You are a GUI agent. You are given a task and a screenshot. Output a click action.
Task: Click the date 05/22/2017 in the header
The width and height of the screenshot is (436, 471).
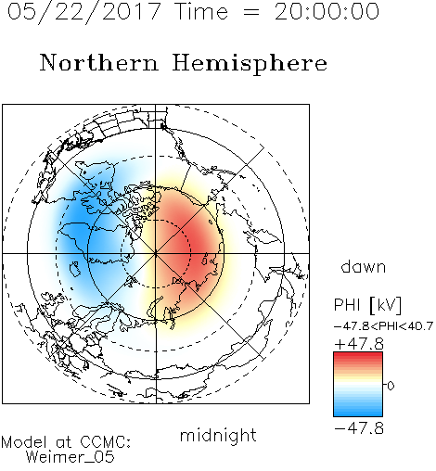tap(84, 11)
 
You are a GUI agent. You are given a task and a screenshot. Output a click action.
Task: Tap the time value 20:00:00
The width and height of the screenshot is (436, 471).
tap(327, 11)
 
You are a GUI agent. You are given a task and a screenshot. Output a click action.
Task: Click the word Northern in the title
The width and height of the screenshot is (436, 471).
tap(99, 62)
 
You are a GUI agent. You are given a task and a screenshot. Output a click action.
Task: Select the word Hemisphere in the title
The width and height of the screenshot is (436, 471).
tap(250, 64)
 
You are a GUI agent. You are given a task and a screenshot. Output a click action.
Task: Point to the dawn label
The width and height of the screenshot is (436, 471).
tap(364, 266)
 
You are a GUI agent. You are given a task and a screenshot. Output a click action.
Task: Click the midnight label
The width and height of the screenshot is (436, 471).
tap(218, 437)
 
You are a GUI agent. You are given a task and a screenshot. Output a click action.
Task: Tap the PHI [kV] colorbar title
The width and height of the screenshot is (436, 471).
tap(367, 305)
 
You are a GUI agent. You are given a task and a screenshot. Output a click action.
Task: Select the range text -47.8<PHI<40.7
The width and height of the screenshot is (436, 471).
tap(383, 326)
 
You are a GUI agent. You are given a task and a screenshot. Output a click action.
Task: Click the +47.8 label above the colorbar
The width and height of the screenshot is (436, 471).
tap(359, 344)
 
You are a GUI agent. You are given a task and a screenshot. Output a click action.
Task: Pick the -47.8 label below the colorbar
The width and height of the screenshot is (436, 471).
tap(359, 428)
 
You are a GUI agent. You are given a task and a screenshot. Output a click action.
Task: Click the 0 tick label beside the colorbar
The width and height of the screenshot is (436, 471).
tap(391, 386)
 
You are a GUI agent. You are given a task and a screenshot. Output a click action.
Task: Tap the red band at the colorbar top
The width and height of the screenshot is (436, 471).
tap(358, 355)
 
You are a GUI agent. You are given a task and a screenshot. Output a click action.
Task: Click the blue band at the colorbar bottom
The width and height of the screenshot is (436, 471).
tap(358, 413)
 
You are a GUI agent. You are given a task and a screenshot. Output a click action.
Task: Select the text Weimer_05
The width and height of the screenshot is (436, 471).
tap(71, 457)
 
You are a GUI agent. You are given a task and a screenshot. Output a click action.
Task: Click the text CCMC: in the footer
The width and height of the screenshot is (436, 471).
tap(105, 442)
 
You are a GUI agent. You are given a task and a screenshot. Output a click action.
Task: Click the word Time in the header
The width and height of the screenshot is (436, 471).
tap(201, 11)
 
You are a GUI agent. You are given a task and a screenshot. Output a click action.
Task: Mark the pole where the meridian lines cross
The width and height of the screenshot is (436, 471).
tap(156, 253)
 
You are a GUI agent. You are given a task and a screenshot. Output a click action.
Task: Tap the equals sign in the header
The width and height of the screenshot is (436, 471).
tap(251, 12)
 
